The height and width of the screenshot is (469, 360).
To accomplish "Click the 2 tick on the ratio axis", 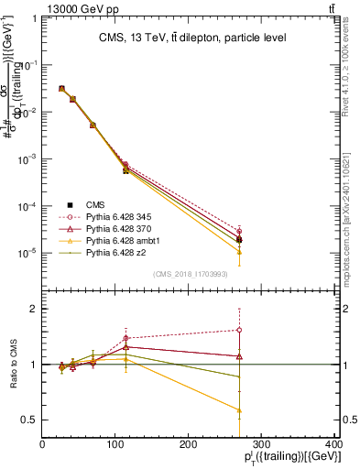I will [34, 309].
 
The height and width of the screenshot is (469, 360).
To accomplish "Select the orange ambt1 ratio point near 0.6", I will [239, 410].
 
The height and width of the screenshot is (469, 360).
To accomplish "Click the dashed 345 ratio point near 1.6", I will [239, 330].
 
